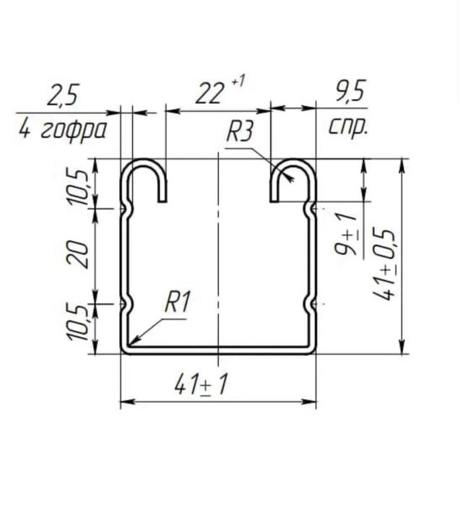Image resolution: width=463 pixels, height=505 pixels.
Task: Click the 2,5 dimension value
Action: [x=63, y=95]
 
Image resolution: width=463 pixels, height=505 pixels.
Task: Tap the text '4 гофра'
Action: [x=62, y=130]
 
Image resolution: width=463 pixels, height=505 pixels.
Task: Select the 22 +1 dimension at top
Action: [x=220, y=90]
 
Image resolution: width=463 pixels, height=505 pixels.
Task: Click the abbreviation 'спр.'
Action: [x=348, y=126]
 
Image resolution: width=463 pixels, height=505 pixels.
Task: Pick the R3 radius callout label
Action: [x=240, y=131]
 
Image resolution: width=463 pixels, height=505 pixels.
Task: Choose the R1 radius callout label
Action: [x=177, y=302]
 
